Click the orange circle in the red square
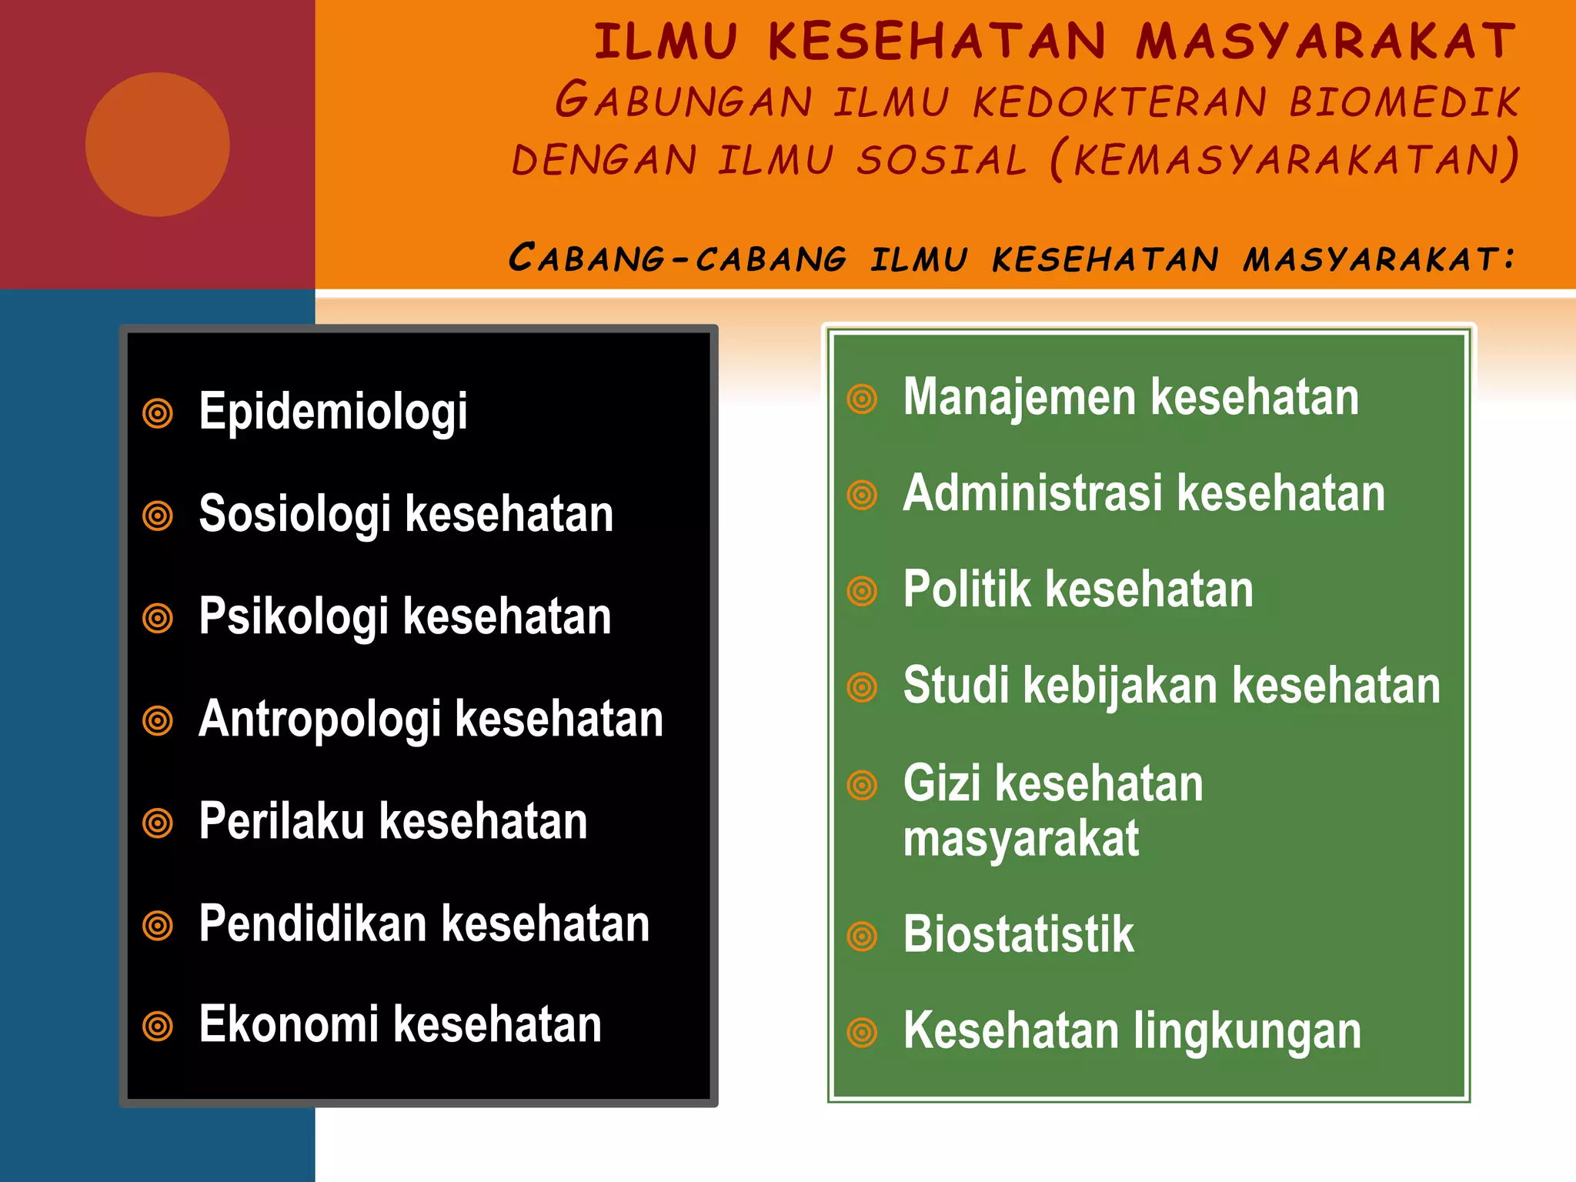[157, 145]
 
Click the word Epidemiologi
[332, 412]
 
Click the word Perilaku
[281, 821]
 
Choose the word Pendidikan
[312, 923]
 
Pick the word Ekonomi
[289, 1025]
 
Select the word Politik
[967, 589]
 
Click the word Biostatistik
[1018, 935]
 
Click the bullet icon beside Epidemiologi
[158, 413]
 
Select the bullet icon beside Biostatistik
[862, 937]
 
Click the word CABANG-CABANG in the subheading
[677, 258]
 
